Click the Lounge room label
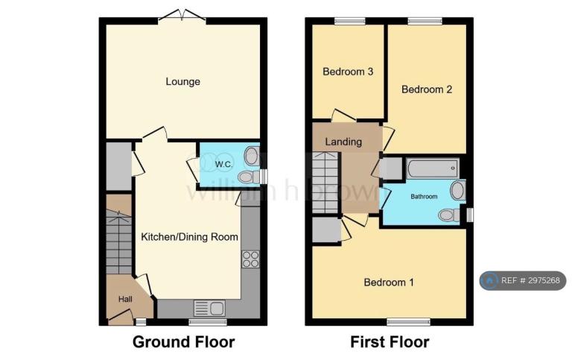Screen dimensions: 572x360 pyautogui.click(x=182, y=81)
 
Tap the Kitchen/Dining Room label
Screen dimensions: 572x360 pyautogui.click(x=189, y=237)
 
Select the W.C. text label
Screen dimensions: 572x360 pyautogui.click(x=223, y=164)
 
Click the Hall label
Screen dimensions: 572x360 pyautogui.click(x=125, y=300)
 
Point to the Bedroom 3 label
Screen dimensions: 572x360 pyautogui.click(x=348, y=72)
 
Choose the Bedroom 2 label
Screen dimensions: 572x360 pyautogui.click(x=427, y=89)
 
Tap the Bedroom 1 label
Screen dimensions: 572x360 pyautogui.click(x=389, y=282)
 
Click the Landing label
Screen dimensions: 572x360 pyautogui.click(x=343, y=142)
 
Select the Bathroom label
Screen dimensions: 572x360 pyautogui.click(x=424, y=197)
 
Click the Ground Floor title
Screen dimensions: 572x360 pyautogui.click(x=183, y=342)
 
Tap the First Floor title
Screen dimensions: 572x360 pyautogui.click(x=390, y=342)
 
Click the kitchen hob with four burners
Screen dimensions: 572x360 pyautogui.click(x=250, y=259)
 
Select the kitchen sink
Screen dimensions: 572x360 pyautogui.click(x=209, y=308)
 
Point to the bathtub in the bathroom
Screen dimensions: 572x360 pyautogui.click(x=433, y=168)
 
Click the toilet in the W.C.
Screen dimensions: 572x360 pyautogui.click(x=249, y=178)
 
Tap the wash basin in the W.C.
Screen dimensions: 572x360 pyautogui.click(x=251, y=157)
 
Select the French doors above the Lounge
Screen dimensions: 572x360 pyautogui.click(x=182, y=16)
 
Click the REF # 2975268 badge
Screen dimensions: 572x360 pyautogui.click(x=523, y=280)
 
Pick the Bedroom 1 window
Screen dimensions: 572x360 pyautogui.click(x=409, y=322)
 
